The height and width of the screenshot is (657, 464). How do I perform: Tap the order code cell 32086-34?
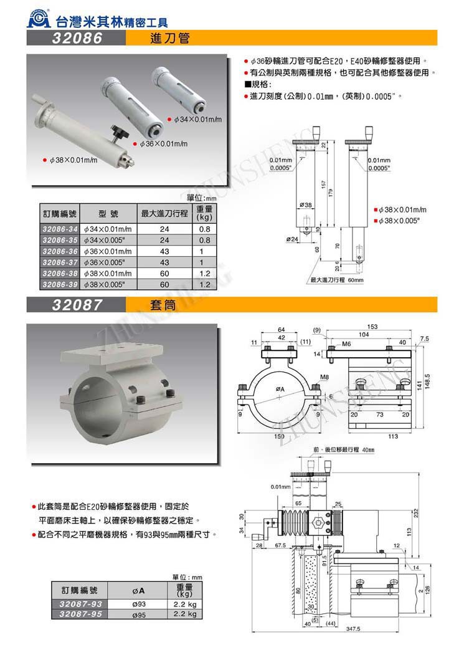[x=60, y=229]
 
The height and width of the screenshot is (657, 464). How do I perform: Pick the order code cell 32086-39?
[x=60, y=284]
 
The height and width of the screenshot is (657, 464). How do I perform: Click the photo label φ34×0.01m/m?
[x=197, y=118]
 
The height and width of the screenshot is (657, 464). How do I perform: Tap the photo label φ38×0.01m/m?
[x=73, y=160]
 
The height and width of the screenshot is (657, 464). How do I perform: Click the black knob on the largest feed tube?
[x=119, y=132]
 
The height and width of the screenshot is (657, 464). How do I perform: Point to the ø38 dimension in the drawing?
[x=305, y=204]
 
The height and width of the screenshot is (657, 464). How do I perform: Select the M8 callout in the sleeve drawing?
[x=324, y=377]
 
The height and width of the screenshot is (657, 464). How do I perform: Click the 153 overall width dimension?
[x=372, y=327]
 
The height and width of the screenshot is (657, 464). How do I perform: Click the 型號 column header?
[x=109, y=213]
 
